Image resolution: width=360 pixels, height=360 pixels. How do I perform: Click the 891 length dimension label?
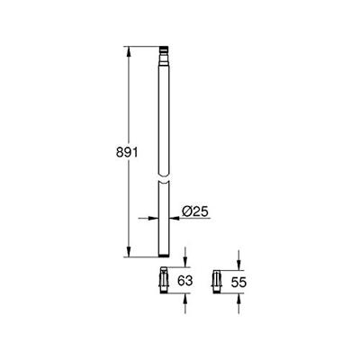pyautogui.click(x=107, y=154)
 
